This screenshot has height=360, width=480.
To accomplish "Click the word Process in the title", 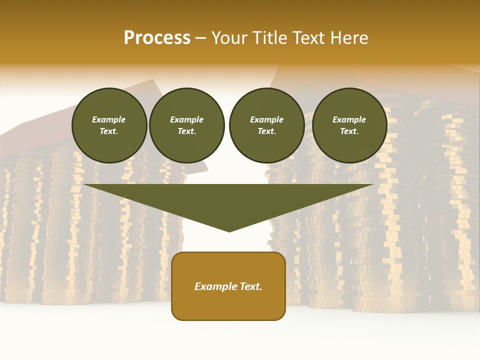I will tap(157, 38).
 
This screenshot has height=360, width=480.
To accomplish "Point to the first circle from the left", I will tap(109, 125).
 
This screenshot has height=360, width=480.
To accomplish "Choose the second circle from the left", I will tap(187, 125).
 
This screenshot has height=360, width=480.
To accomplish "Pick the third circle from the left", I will tap(267, 125).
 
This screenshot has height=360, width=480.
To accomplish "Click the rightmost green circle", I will tap(349, 125).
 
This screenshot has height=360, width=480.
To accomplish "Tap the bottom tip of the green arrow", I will tap(229, 230).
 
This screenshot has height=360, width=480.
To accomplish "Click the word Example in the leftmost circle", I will tap(109, 119).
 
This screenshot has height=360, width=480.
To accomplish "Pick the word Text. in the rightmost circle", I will tap(349, 131).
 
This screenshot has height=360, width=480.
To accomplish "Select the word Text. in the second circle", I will tap(187, 131).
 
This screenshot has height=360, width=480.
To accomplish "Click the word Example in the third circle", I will tap(267, 119).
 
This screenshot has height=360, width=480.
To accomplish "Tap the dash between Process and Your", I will tap(201, 38).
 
